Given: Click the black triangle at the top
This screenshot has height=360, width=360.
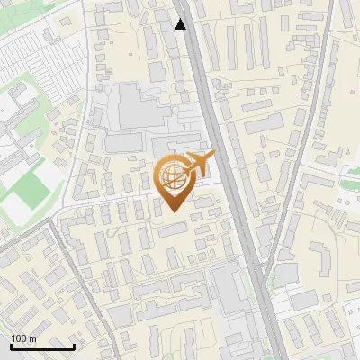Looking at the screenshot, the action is pos(181,24).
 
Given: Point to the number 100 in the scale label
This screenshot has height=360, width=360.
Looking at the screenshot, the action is pos(19,337).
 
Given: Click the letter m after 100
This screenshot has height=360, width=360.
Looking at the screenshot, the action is pos(32,337).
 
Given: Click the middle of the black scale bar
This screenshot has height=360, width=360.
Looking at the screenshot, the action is pos(41,346).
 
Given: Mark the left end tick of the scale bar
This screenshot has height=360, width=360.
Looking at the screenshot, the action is pos(10,346).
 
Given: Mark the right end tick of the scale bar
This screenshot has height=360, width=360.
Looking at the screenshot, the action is pos(74,346).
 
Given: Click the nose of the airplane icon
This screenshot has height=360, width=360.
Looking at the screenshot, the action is pos(215,157).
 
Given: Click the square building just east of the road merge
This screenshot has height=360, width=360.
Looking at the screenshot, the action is pos(285,274).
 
